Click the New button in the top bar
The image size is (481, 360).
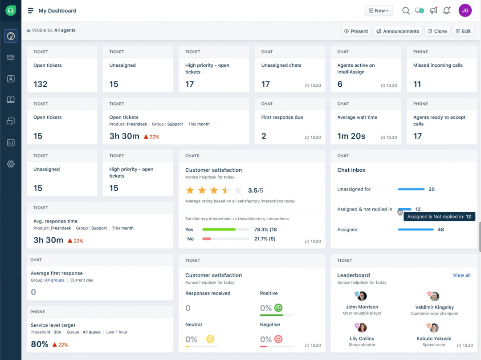pos(379,11)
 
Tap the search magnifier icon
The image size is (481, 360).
pos(406,11)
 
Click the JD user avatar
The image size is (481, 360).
pos(465,11)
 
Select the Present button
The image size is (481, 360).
pos(355,31)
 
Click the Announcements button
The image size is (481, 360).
pos(398,31)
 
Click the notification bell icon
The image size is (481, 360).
pos(447,11)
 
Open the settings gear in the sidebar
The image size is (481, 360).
pos(11,164)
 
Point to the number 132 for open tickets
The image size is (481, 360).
pos(41,84)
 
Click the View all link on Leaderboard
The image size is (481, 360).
pos(461,275)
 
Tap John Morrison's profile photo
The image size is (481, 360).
pos(362,296)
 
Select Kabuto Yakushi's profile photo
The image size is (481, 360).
pos(434,328)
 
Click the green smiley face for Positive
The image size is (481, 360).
pos(278,308)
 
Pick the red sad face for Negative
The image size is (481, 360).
pos(278,339)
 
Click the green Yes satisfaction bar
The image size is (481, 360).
pos(219,230)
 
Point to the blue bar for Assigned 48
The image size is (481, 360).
pos(416,230)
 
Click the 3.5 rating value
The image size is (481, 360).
pos(253,190)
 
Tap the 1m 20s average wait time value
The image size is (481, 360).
pos(351,136)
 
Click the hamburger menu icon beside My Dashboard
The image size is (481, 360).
pos(30,11)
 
